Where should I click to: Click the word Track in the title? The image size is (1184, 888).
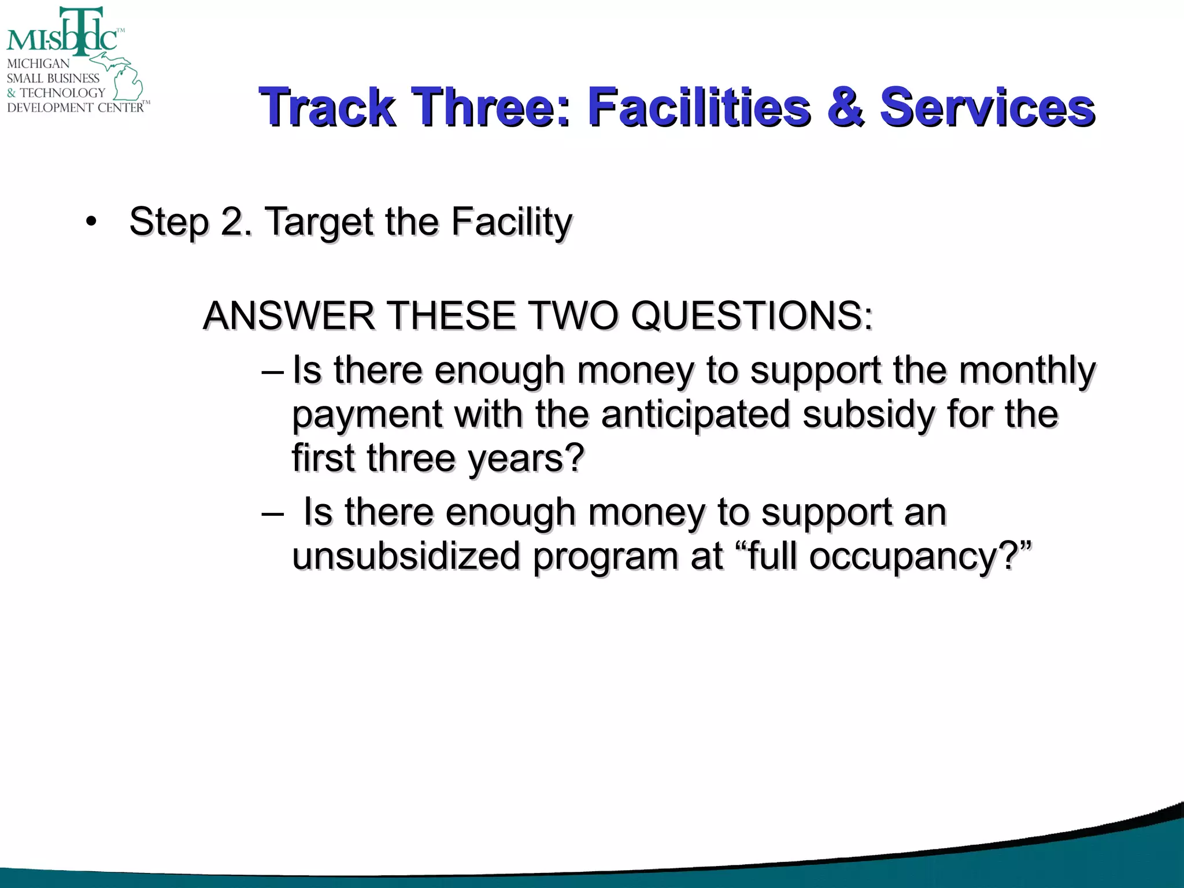click(x=327, y=107)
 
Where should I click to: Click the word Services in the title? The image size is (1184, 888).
click(x=987, y=107)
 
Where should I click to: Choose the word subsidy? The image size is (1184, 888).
click(x=867, y=415)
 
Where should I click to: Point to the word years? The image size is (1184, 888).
click(x=526, y=458)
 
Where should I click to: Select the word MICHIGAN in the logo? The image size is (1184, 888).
click(x=38, y=64)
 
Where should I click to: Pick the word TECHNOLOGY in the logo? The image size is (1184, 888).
click(x=62, y=92)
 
